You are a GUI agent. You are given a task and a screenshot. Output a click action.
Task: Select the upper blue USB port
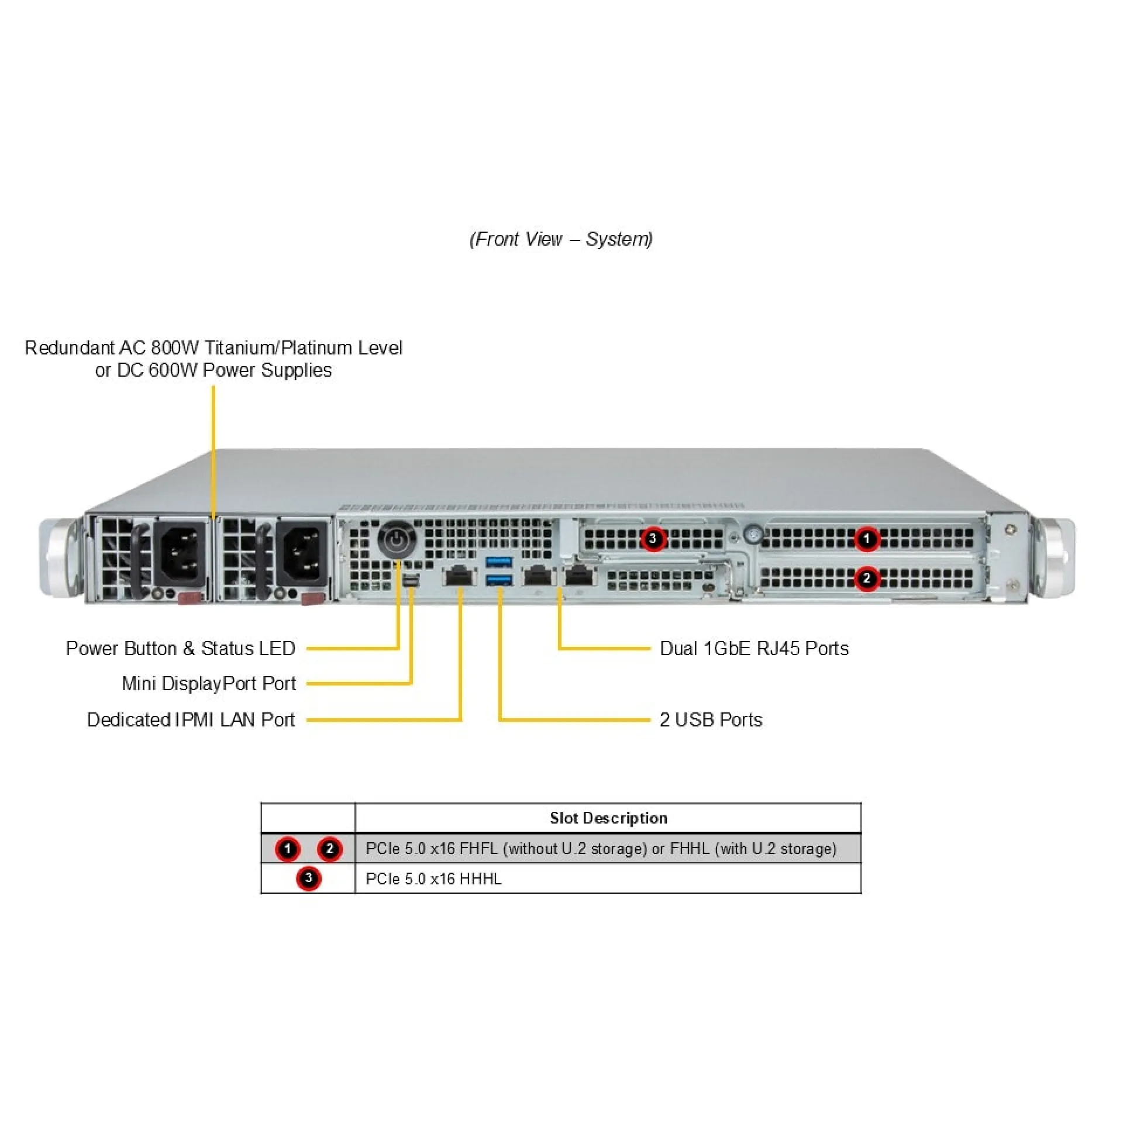pos(499,561)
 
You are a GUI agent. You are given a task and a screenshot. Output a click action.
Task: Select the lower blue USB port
pos(499,580)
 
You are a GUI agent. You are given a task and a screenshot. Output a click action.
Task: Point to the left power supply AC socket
pos(180,553)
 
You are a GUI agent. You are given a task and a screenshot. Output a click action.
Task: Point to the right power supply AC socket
pos(302,553)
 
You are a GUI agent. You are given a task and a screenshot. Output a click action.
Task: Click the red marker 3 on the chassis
pos(653,539)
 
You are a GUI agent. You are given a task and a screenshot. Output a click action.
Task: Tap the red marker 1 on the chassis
pos(867,539)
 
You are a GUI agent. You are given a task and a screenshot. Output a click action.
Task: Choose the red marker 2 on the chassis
pos(867,578)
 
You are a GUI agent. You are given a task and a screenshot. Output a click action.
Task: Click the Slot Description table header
pos(608,818)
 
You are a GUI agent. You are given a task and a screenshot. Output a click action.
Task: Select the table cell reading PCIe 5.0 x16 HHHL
pos(433,879)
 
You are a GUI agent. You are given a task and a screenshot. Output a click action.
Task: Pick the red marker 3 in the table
pos(308,879)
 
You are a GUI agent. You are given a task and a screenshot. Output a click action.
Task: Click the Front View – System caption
pos(561,239)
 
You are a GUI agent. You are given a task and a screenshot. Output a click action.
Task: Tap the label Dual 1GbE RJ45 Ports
pos(754,648)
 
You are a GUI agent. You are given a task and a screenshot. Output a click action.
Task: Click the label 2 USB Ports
pos(711,719)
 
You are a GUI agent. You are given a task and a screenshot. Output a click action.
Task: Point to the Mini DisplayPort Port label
pos(208,683)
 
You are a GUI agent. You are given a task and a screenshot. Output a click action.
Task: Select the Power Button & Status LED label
pos(180,648)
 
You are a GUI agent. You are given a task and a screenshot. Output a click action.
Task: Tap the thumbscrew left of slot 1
pos(753,533)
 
